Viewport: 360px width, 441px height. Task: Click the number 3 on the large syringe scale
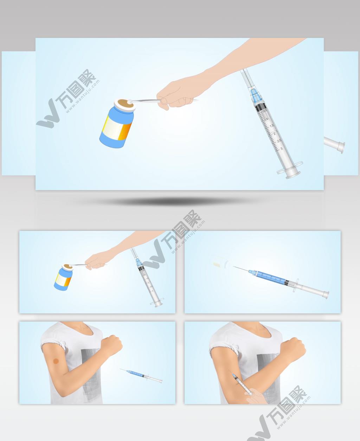282,149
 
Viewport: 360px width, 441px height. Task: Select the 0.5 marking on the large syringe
265,111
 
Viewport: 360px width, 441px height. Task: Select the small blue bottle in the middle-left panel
63,278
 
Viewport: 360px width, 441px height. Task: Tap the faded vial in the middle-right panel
220,262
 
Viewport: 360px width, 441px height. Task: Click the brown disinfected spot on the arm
56,361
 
